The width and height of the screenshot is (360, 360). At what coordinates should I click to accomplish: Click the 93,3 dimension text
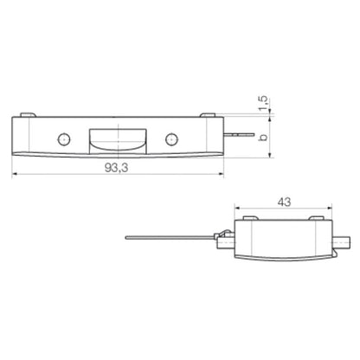[116, 167]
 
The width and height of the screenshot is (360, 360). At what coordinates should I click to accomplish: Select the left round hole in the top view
[62, 138]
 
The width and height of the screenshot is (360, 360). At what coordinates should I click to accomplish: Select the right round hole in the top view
[171, 138]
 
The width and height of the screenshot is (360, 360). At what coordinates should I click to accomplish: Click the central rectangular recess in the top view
[117, 138]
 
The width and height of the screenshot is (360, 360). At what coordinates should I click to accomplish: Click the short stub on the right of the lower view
[343, 241]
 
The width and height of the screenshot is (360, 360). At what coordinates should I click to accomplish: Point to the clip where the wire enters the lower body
[222, 236]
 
